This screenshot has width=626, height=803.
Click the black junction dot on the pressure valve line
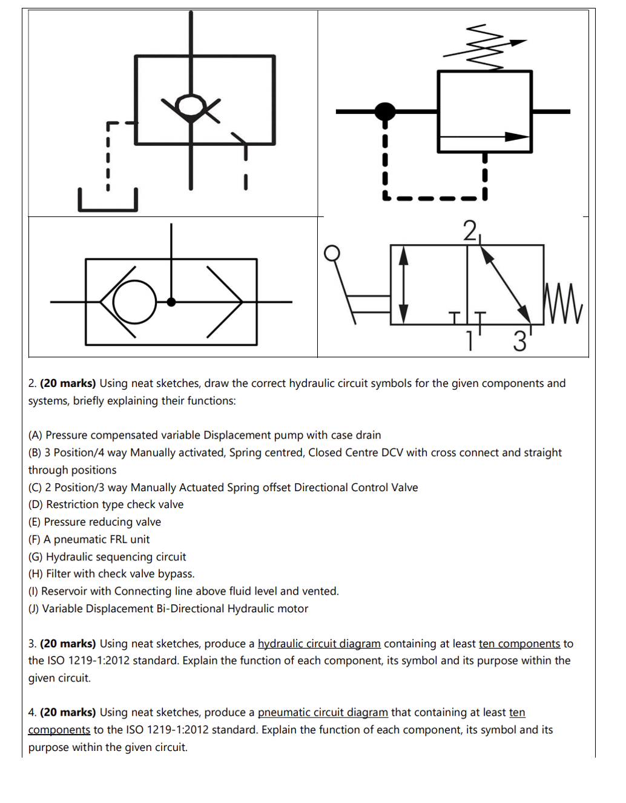point(385,111)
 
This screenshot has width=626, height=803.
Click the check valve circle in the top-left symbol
point(191,105)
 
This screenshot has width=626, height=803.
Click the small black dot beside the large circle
point(171,302)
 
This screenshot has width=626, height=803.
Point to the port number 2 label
point(470,231)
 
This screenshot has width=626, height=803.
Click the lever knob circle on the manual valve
point(332,253)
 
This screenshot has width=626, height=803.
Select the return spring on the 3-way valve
point(563,303)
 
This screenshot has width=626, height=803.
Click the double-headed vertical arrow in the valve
point(404,285)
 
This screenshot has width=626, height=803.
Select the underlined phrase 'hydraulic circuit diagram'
point(319,644)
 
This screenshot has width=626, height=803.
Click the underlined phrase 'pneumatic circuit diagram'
point(323,713)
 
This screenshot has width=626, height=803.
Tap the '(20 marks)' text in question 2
point(68,383)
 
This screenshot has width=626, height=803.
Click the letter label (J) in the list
point(34,609)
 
